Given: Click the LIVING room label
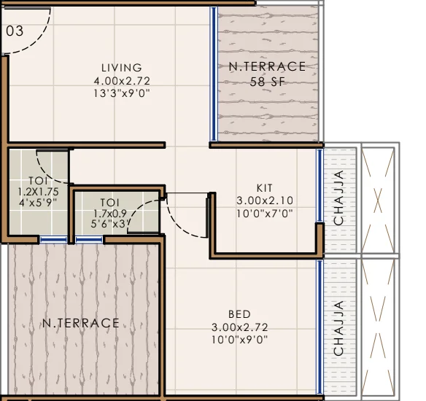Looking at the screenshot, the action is click(122, 68).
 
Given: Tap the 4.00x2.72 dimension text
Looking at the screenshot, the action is click(122, 81).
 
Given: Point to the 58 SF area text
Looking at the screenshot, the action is click(267, 82).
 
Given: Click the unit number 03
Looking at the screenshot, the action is click(15, 31).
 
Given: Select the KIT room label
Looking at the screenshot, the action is click(264, 188).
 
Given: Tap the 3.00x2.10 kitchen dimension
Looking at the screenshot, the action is click(265, 200).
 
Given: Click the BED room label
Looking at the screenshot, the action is click(239, 314).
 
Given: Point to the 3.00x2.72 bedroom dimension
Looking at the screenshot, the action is click(239, 327).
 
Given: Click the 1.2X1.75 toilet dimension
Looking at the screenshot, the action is click(38, 192).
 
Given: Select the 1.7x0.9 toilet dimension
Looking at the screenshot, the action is click(109, 214).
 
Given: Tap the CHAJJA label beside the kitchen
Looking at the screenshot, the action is click(338, 198).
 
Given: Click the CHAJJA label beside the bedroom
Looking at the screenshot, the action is click(338, 328).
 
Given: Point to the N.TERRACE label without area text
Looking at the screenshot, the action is click(81, 323).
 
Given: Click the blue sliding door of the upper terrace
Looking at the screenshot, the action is click(214, 74).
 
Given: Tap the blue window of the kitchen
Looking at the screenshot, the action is click(319, 186).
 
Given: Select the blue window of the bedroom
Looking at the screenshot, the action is click(319, 327).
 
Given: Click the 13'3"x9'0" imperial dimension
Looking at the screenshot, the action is click(122, 93).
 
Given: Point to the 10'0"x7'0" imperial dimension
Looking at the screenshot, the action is click(265, 214).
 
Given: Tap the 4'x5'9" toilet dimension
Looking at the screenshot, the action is click(38, 203).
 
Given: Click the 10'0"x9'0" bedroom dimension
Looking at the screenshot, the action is click(239, 340).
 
